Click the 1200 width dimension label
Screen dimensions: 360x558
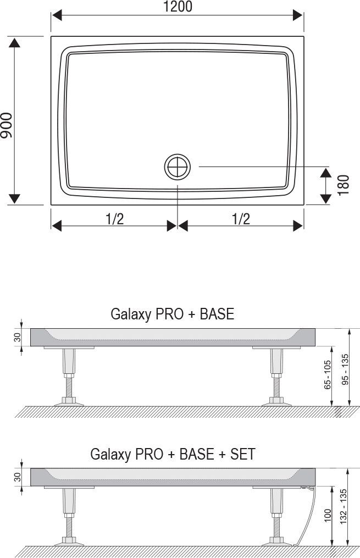tap(178, 7)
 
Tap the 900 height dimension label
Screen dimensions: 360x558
tap(7, 125)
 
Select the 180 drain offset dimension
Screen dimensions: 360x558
tap(344, 185)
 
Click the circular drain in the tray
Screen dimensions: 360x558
tap(177, 167)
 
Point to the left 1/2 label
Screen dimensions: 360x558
tap(114, 218)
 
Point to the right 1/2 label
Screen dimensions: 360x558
tap(241, 218)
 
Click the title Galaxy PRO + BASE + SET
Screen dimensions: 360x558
tap(173, 454)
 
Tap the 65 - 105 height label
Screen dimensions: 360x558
tap(327, 375)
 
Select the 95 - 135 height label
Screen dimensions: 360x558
tap(345, 369)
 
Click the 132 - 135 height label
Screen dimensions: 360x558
tap(344, 507)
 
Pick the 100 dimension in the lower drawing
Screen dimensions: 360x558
tap(327, 515)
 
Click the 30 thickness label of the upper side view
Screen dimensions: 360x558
tap(18, 338)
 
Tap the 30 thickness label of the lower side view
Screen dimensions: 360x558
tap(18, 477)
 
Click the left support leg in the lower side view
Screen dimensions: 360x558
tap(69, 516)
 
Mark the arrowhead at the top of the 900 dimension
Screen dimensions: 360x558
tap(15, 43)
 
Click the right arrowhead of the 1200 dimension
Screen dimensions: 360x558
tap(298, 15)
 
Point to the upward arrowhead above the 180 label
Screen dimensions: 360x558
tap(325, 173)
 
